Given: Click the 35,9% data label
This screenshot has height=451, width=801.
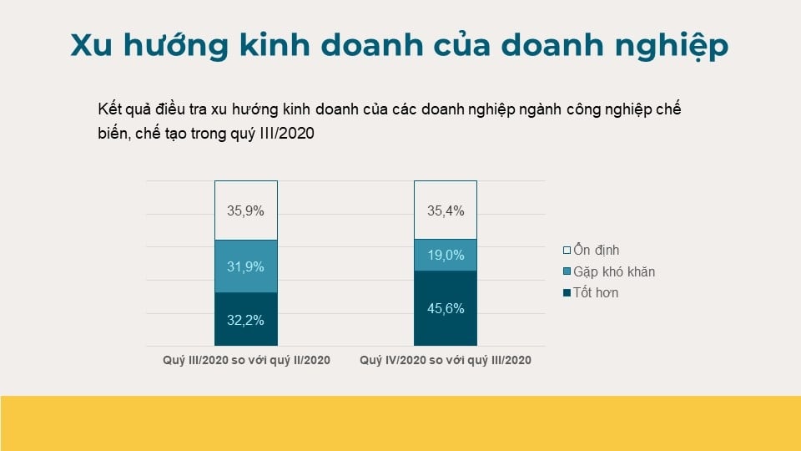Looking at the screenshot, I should pyautogui.click(x=245, y=210).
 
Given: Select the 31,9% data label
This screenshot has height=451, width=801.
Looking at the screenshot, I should pyautogui.click(x=245, y=266).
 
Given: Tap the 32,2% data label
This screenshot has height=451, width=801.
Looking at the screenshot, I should pyautogui.click(x=245, y=319).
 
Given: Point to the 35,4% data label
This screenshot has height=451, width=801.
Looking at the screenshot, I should pyautogui.click(x=446, y=210).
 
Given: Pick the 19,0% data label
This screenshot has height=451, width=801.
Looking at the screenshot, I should pyautogui.click(x=446, y=256).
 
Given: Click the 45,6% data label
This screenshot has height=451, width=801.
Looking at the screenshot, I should pyautogui.click(x=446, y=308).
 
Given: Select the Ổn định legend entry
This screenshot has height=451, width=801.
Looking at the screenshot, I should pyautogui.click(x=596, y=250).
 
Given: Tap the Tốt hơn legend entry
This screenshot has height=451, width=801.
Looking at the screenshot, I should pyautogui.click(x=596, y=293).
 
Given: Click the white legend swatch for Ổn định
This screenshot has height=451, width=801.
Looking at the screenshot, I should pyautogui.click(x=567, y=251).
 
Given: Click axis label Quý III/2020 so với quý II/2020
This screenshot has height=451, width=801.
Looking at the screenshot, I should pyautogui.click(x=246, y=361).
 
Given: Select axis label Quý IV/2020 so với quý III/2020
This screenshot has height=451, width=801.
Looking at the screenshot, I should pyautogui.click(x=446, y=361).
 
